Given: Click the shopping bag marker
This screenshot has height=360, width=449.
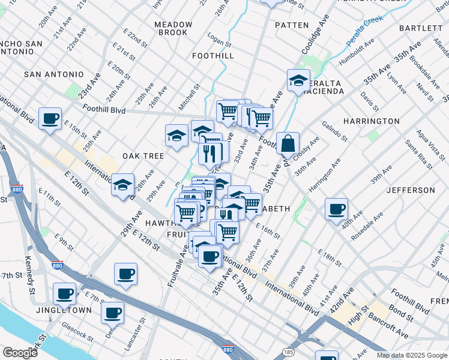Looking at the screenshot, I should (288, 144).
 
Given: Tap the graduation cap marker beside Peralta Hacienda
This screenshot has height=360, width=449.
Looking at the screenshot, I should (298, 81).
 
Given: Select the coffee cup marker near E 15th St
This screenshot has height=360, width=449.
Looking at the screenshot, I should (50, 118).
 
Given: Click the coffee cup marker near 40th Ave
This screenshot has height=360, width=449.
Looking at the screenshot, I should (337, 209).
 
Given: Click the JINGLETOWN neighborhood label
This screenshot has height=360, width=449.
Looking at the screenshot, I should (62, 310).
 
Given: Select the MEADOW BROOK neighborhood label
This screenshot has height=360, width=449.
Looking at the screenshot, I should (173, 28).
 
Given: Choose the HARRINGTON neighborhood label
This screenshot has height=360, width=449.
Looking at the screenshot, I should (372, 121).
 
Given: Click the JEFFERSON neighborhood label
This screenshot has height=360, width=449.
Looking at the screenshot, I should (411, 190).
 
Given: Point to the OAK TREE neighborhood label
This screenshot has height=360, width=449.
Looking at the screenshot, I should (143, 156).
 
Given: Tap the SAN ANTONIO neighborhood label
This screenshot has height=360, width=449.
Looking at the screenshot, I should (54, 74).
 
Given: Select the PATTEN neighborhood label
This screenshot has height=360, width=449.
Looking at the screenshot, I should (292, 25).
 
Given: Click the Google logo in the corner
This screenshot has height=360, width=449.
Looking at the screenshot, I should (20, 352).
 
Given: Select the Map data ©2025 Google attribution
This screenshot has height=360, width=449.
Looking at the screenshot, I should (412, 355).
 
